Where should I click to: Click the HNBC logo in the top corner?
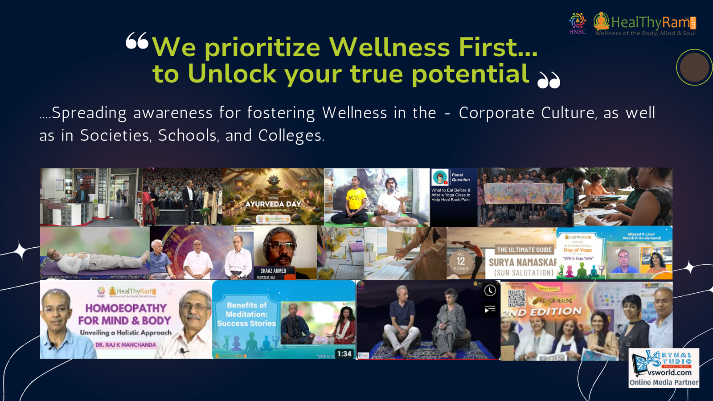pyautogui.click(x=578, y=23)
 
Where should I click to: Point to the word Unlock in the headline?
pyautogui.click(x=232, y=74)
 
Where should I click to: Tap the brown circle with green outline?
pyautogui.click(x=694, y=67)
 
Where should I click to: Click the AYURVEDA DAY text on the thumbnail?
pyautogui.click(x=273, y=204)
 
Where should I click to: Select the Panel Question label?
pyautogui.click(x=461, y=177)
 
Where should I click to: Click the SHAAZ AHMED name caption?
pyautogui.click(x=273, y=271)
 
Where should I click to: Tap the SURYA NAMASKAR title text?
pyautogui.click(x=523, y=262)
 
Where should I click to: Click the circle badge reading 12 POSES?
pyautogui.click(x=461, y=261)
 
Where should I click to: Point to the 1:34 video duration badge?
pyautogui.click(x=344, y=354)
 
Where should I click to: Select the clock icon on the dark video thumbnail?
pyautogui.click(x=490, y=291)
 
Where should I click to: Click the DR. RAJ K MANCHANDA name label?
pyautogui.click(x=126, y=345)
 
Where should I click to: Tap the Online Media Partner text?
pyautogui.click(x=664, y=382)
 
